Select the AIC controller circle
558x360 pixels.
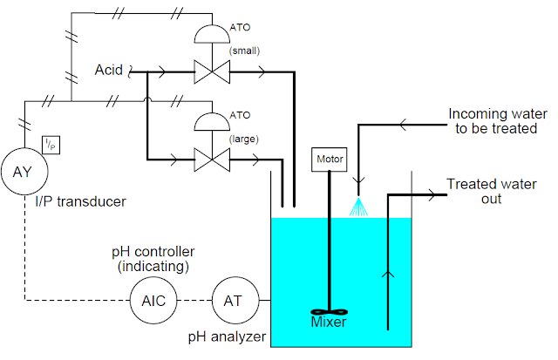[153, 301]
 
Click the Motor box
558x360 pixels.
[329, 160]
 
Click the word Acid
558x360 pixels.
[111, 69]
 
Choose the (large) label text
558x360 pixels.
[245, 138]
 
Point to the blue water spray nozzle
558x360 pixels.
[357, 206]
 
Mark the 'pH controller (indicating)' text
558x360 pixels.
[153, 259]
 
